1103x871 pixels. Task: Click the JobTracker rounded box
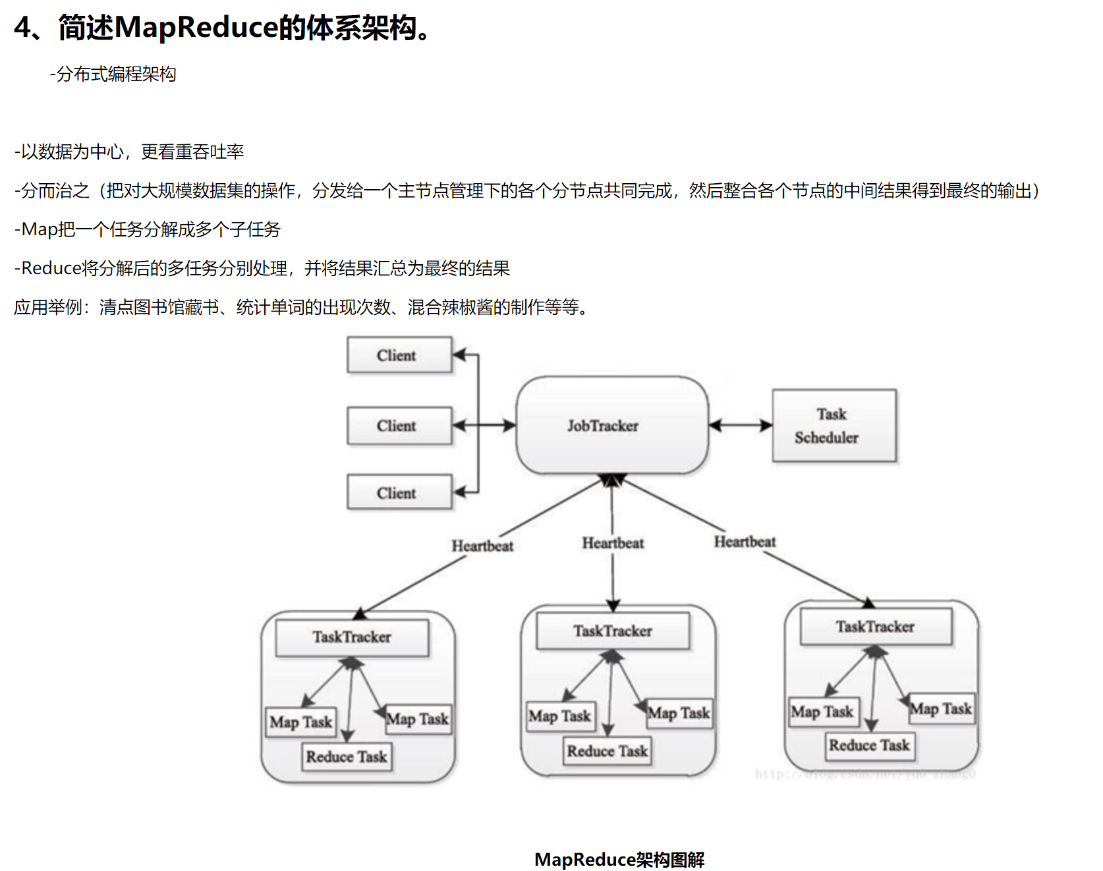click(x=611, y=426)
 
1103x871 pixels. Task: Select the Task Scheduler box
click(x=834, y=426)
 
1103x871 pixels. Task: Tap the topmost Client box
click(x=399, y=355)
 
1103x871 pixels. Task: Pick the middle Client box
click(x=399, y=426)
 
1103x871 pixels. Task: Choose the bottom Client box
click(x=399, y=493)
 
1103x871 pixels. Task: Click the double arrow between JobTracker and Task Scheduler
click(x=741, y=426)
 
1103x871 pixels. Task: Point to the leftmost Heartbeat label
click(x=482, y=546)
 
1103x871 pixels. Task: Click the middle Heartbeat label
click(x=613, y=543)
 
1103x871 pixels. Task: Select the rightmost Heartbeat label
click(x=745, y=542)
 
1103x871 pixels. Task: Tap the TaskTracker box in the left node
click(x=352, y=637)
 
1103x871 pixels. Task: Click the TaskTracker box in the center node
click(x=613, y=631)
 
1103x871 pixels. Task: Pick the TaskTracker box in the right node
click(x=875, y=627)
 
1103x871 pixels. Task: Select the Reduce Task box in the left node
click(x=347, y=756)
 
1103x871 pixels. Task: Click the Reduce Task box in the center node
click(x=608, y=751)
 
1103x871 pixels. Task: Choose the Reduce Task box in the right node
click(x=870, y=746)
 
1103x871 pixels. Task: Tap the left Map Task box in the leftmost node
click(x=301, y=722)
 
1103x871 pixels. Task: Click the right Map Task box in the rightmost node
click(x=941, y=709)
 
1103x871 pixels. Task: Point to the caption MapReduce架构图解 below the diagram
click(x=619, y=859)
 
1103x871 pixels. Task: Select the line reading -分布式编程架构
click(x=113, y=74)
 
